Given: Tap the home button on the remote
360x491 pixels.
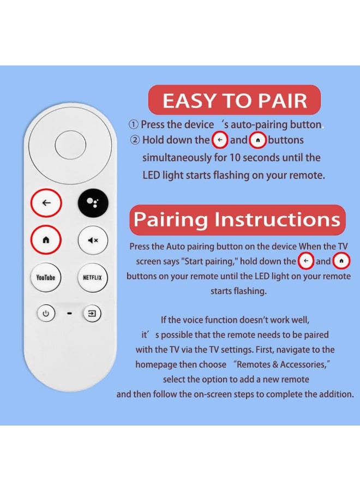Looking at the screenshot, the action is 46,240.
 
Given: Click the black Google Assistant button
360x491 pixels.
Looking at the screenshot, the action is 93,203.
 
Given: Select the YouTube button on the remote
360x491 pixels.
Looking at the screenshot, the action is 46,278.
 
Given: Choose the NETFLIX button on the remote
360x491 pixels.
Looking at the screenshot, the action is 92,278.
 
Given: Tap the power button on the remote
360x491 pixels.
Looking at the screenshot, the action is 46,313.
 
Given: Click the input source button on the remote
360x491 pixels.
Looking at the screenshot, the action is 92,313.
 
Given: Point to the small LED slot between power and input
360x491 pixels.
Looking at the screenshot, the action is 69,313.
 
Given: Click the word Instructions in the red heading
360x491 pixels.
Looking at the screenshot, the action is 277,219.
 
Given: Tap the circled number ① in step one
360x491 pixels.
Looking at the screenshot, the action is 133,124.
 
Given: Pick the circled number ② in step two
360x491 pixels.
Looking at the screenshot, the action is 135,140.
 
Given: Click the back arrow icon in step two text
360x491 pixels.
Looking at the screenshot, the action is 220,140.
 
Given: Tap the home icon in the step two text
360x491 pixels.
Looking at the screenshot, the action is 257,140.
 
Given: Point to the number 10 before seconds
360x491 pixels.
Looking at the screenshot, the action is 235,157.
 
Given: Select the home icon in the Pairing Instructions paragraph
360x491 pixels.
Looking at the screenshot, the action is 341,261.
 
